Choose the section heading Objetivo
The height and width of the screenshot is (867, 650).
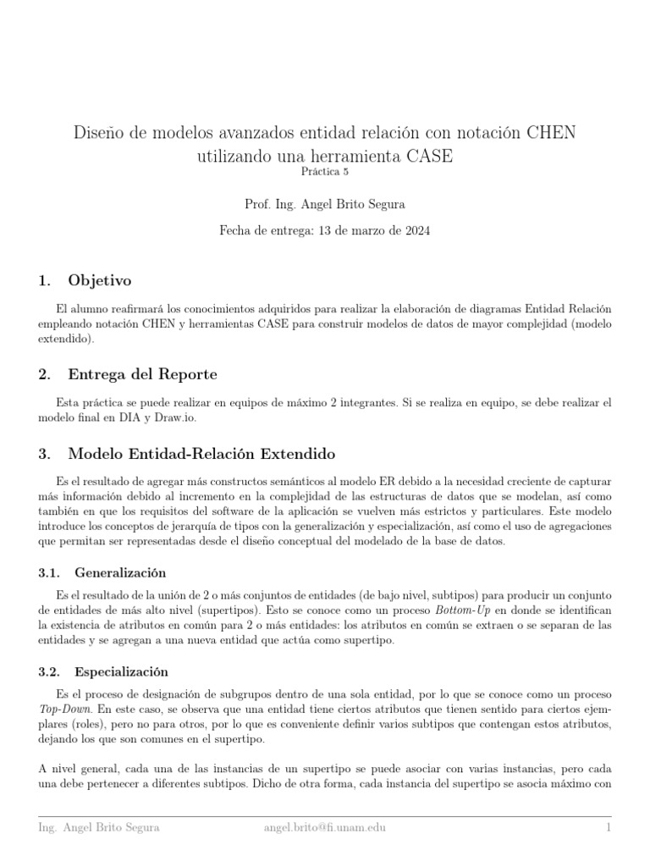(x=100, y=280)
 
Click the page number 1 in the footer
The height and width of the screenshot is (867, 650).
(x=609, y=826)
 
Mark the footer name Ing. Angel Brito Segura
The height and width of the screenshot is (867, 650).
(x=98, y=826)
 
